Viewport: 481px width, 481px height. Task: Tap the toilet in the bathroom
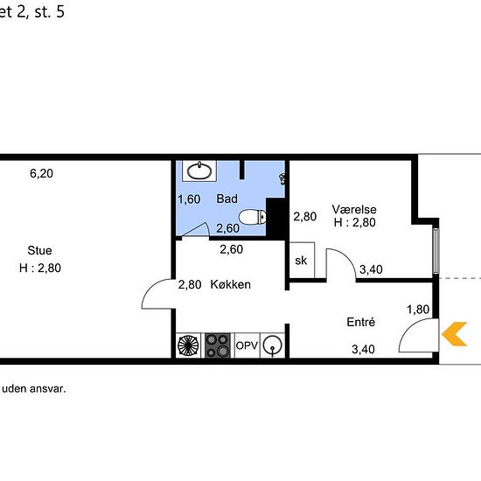252,217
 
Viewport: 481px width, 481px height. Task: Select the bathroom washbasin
199,171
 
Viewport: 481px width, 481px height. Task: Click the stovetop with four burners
218,345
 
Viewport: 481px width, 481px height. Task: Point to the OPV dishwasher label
247,345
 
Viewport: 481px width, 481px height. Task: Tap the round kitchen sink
273,345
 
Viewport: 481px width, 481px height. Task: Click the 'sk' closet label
301,261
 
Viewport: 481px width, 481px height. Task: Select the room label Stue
39,250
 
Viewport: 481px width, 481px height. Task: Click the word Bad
227,199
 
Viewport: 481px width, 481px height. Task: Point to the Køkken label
230,285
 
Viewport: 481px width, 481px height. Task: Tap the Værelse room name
354,210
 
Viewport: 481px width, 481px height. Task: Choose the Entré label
360,322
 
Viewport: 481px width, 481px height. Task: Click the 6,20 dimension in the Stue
41,174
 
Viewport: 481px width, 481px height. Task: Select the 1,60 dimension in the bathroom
189,199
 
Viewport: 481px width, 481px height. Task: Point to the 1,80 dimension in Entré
418,310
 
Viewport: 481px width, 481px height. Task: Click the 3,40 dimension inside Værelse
371,269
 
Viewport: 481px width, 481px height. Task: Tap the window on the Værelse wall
436,250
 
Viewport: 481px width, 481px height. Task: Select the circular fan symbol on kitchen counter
188,345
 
